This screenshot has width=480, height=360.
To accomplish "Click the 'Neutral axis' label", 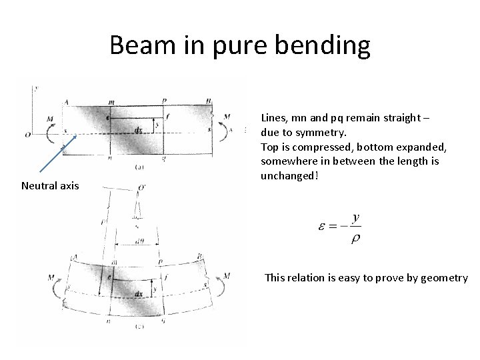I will point(50,185).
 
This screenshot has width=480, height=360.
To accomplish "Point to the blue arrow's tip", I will point(78,135).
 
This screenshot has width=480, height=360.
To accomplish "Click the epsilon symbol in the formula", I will point(322,227).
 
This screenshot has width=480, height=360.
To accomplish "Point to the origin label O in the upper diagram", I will point(27,135).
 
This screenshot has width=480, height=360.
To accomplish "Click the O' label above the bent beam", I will point(141,187).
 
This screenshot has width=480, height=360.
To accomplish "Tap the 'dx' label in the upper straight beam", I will point(137,130).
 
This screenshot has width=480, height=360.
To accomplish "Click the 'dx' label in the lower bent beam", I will point(139,293).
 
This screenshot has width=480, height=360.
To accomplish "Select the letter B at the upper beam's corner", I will point(209,101).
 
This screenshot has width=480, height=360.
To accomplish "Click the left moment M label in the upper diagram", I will point(50,119).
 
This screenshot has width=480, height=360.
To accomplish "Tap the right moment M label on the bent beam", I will point(227,276).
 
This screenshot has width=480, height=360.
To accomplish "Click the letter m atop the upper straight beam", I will point(110,101).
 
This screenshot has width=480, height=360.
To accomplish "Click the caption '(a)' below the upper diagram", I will point(139,167).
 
